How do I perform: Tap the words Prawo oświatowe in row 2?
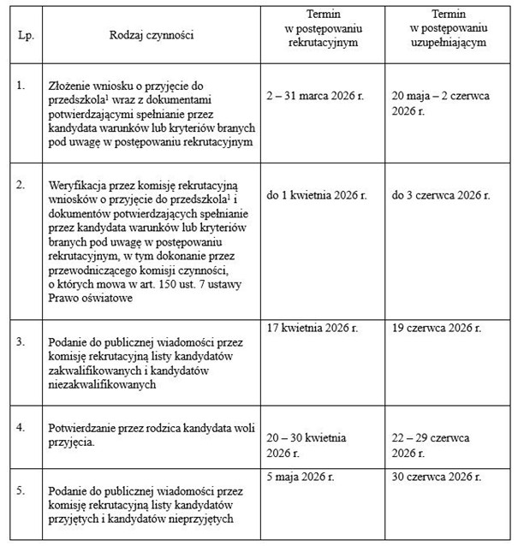tap(88, 297)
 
